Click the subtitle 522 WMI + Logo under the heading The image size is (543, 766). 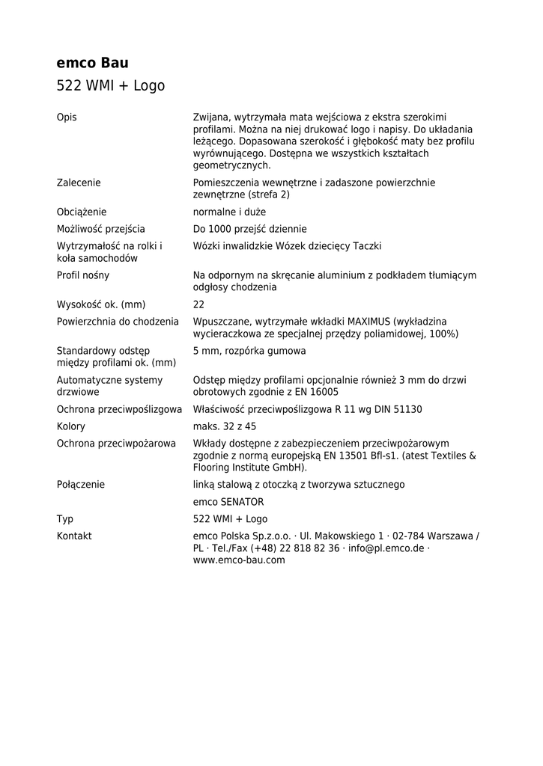(110, 86)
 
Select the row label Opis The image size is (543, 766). (67, 117)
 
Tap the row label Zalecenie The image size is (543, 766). (79, 183)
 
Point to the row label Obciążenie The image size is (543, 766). (82, 212)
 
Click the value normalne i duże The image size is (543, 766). (229, 212)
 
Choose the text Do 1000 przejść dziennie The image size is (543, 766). (249, 229)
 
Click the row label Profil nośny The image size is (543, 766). (83, 275)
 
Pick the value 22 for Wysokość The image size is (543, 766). (198, 304)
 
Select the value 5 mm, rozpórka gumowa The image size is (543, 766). (249, 351)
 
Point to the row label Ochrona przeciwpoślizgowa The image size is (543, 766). (120, 409)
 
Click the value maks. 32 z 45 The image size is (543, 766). (225, 426)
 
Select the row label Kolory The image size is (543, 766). (71, 426)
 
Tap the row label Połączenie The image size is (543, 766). (81, 485)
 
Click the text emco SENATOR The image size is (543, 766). (228, 502)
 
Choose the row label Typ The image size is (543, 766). (65, 519)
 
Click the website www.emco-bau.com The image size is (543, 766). (239, 560)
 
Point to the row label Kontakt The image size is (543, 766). (74, 536)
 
